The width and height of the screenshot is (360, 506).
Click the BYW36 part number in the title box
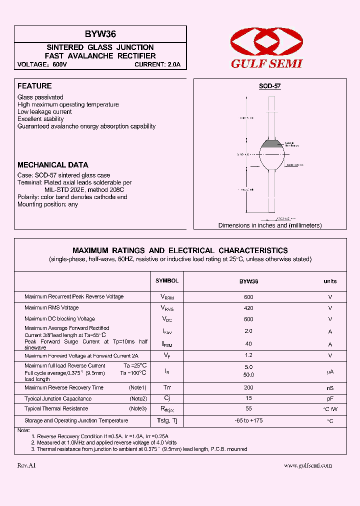click(x=100, y=34)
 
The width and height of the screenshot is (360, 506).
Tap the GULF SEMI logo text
click(x=266, y=64)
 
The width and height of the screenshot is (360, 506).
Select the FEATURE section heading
click(x=34, y=86)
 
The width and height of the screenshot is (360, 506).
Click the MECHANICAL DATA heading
click(x=52, y=164)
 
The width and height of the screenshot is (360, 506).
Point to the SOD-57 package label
click(x=269, y=86)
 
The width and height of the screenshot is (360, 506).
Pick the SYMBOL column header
click(x=166, y=281)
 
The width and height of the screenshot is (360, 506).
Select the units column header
click(x=330, y=281)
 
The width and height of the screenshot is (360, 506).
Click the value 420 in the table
click(x=248, y=308)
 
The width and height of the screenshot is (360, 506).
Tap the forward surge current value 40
click(x=248, y=344)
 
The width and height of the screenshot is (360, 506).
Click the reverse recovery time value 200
click(x=248, y=388)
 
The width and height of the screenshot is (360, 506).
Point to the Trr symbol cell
click(x=166, y=388)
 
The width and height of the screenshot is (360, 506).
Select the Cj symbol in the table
click(x=166, y=398)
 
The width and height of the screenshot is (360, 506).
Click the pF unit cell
click(x=330, y=399)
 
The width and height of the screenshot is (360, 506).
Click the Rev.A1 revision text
click(x=26, y=465)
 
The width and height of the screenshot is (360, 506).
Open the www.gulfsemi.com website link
click(x=307, y=465)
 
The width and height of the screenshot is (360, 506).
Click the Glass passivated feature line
click(x=40, y=97)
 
